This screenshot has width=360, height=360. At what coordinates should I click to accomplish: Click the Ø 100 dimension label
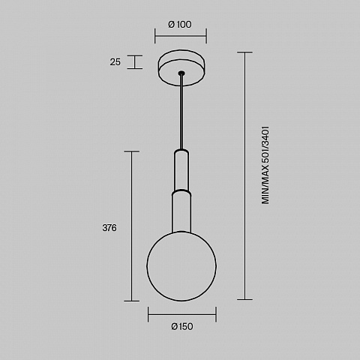(180, 25)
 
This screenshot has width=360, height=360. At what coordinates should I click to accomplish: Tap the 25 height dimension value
(115, 62)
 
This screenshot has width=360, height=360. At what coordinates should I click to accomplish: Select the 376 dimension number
(109, 228)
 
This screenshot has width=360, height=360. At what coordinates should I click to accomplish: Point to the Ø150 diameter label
(182, 326)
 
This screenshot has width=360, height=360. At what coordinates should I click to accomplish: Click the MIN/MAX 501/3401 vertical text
(265, 165)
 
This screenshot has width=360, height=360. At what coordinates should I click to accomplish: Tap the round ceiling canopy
(181, 68)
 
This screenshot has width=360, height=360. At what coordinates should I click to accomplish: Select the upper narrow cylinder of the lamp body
(181, 169)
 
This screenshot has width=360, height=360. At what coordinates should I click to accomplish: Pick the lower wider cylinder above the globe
(181, 211)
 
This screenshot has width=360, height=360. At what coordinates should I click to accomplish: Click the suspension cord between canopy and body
(181, 112)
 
